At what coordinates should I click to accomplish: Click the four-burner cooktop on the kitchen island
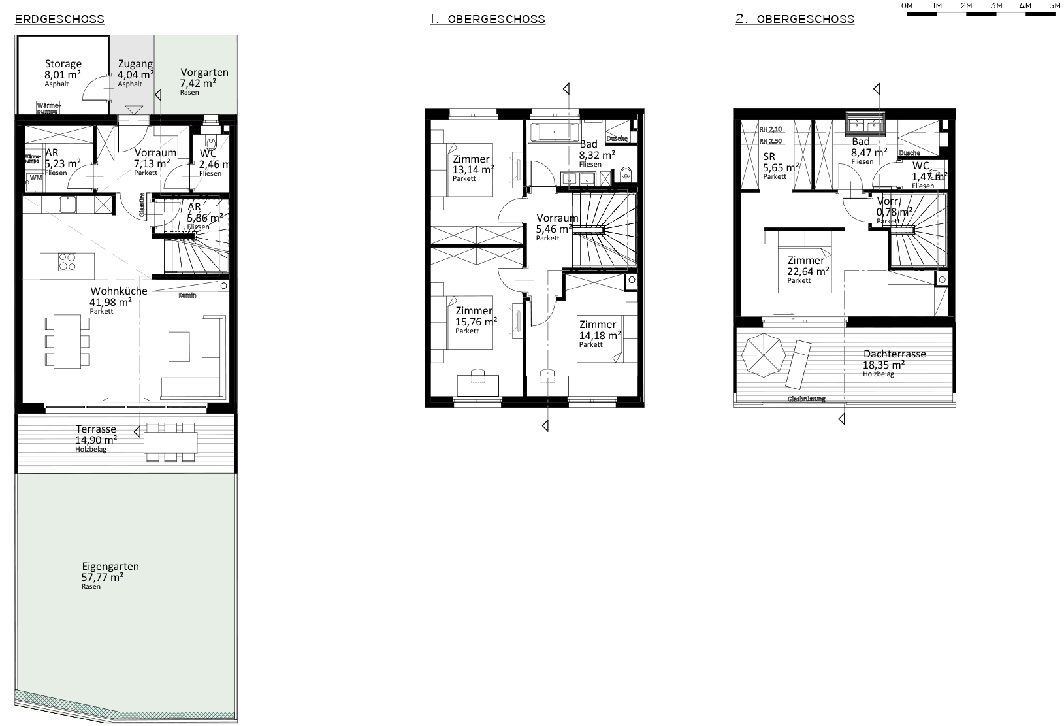(x=66, y=262)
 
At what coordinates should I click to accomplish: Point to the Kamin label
(x=187, y=295)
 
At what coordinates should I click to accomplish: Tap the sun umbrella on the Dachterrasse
(x=764, y=355)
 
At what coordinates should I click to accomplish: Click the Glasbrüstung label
(x=806, y=399)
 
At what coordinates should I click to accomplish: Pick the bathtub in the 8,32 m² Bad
(x=554, y=132)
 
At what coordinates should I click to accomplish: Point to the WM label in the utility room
(x=35, y=178)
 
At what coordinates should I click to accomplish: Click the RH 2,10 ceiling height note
(x=771, y=129)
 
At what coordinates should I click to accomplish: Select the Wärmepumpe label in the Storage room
(x=48, y=108)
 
